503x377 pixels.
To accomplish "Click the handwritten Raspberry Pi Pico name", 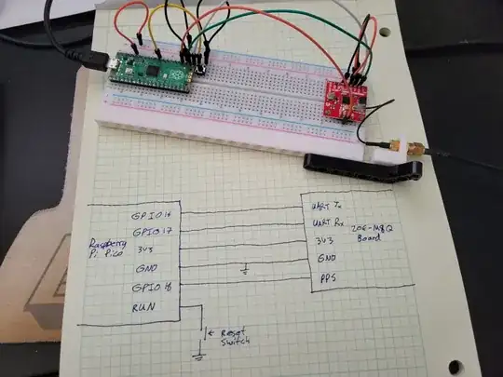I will click(104, 246).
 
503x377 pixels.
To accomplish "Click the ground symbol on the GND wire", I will click(243, 271).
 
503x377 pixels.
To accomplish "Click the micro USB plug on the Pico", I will click(96, 61).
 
